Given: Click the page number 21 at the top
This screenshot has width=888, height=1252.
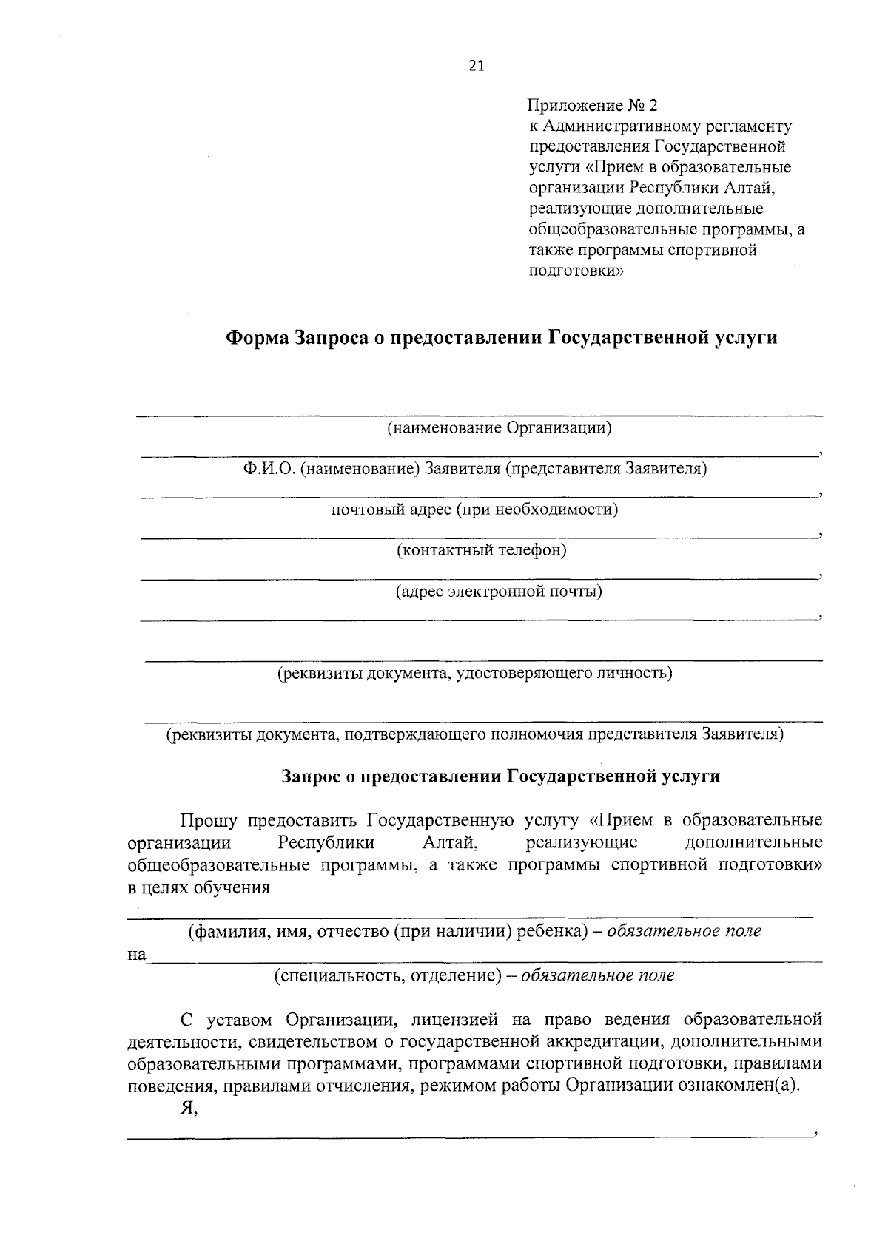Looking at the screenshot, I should coord(476,67).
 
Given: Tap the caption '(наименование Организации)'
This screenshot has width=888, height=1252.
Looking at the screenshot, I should coord(500,428).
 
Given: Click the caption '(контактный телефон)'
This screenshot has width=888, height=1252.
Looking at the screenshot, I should coord(481,550).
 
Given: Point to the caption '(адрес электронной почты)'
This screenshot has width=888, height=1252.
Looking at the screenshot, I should coord(498,592).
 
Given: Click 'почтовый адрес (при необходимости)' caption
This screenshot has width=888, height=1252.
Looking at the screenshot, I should coord(474,510).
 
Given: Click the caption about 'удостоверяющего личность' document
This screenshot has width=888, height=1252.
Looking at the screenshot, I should coord(474,673).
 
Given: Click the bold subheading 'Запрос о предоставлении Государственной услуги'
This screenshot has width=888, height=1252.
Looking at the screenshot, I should coord(500,776).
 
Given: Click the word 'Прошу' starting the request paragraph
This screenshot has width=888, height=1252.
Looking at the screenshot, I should coord(209,821).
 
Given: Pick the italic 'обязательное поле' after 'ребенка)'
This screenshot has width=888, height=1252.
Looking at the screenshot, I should coord(684,932).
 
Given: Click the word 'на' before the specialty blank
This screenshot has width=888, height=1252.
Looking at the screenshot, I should coord(136,955).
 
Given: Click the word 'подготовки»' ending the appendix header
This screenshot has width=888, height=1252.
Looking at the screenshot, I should coord(576,271).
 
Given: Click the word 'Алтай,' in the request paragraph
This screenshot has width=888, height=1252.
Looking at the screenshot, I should coord(451,843).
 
